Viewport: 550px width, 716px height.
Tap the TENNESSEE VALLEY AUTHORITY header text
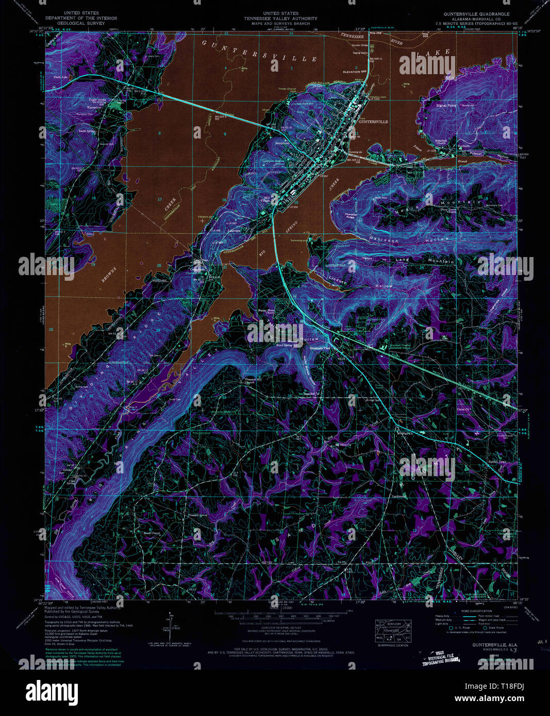(x=281, y=19)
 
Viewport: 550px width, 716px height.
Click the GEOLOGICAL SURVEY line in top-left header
(x=81, y=23)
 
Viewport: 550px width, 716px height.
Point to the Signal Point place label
(x=446, y=106)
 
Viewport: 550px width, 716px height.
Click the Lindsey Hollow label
(x=361, y=282)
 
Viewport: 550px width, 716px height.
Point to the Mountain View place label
(x=319, y=349)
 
